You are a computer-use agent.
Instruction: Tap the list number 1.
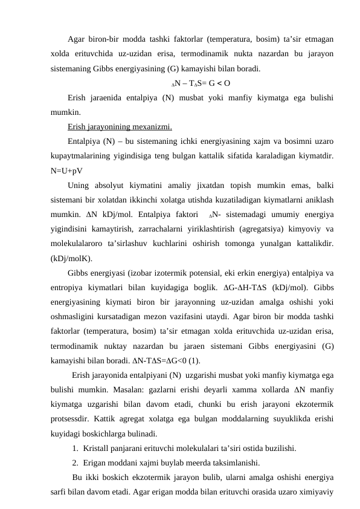(x=73, y=448)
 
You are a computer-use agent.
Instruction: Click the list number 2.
(x=73, y=462)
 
